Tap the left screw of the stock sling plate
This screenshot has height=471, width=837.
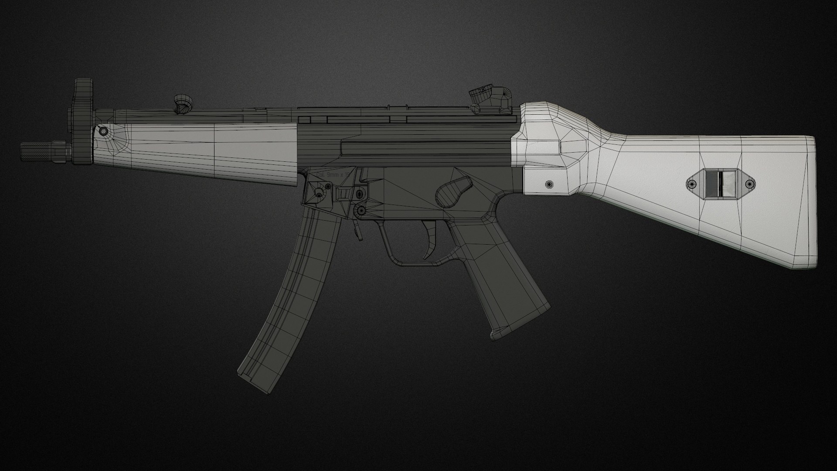tap(693, 184)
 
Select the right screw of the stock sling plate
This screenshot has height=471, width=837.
tap(749, 184)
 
